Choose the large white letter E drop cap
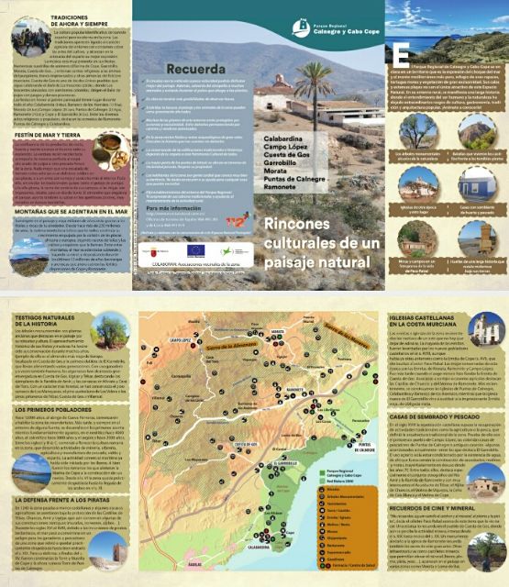coord(402,54)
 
